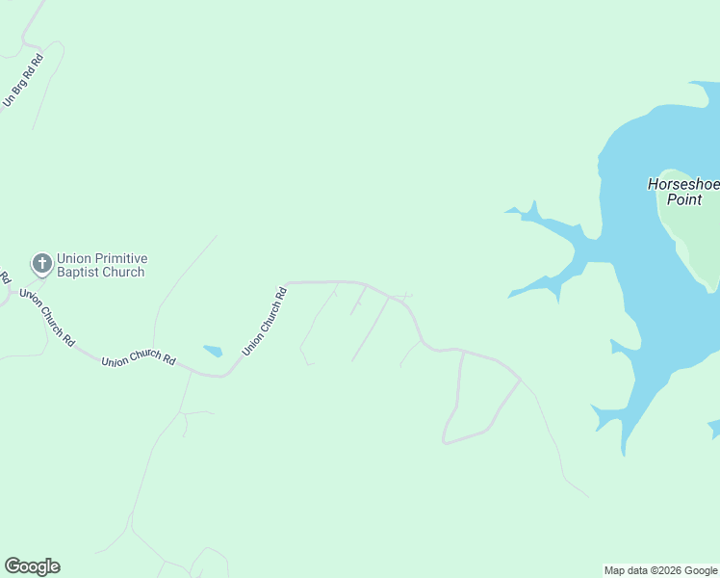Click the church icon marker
coord(41,263)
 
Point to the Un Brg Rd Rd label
coord(23,80)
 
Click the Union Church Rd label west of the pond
coord(139,360)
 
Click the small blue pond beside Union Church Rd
coord(213,351)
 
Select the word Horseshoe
coord(682,184)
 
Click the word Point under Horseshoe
coord(684,199)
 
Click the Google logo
coord(32,566)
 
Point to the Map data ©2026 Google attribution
coord(660,570)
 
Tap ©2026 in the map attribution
coord(666,570)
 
